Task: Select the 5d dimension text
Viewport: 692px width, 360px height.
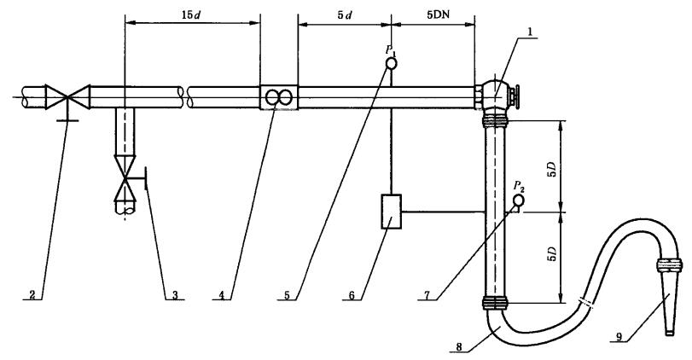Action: tap(345, 15)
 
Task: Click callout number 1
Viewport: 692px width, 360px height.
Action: tap(530, 32)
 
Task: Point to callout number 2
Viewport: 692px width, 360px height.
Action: tap(32, 295)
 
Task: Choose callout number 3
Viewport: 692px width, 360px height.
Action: tap(175, 295)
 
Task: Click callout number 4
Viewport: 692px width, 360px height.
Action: tap(222, 295)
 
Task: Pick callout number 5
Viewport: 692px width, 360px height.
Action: tap(287, 295)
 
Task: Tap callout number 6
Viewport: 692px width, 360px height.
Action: tap(352, 295)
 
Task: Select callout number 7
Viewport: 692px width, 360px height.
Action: tap(427, 295)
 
